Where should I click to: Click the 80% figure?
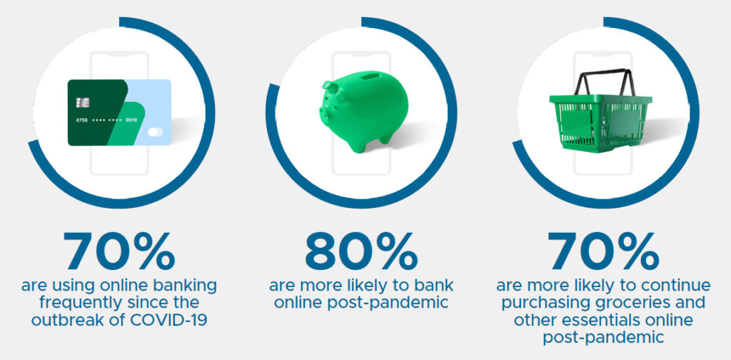361,252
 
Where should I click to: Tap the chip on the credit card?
83,103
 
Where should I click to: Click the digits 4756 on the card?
81,120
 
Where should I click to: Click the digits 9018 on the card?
131,120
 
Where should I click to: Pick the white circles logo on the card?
155,132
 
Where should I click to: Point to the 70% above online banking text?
119,252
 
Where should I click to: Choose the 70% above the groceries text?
603,252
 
